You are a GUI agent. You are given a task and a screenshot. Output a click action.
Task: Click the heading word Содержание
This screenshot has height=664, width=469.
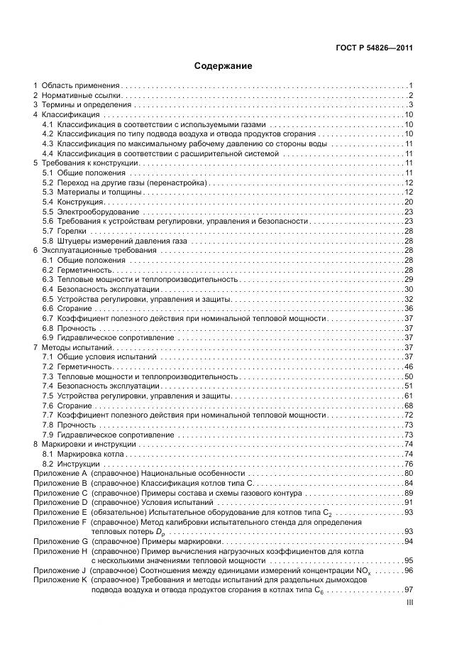[x=224, y=66]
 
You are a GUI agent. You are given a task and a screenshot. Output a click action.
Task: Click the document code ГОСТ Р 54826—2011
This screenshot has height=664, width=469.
[x=375, y=48]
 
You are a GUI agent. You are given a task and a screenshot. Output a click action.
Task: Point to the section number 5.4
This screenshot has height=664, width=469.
[x=48, y=202]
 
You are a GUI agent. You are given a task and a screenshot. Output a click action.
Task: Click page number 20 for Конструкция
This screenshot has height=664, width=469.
[x=409, y=202]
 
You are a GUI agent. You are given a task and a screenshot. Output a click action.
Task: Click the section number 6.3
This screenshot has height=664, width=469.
[x=48, y=279]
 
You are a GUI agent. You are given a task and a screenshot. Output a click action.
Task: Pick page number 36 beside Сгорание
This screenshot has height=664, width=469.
[x=409, y=308]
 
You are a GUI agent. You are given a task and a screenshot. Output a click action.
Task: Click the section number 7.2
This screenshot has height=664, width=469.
[x=48, y=366]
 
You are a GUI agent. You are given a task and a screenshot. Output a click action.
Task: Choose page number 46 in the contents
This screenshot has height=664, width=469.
[x=409, y=366]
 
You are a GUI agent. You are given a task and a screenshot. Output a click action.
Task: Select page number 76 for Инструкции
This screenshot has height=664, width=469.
[x=409, y=463]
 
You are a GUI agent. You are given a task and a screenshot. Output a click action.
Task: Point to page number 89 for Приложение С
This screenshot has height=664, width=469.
[x=409, y=492]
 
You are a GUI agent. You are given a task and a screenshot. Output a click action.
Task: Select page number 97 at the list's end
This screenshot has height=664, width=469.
[x=409, y=589]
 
